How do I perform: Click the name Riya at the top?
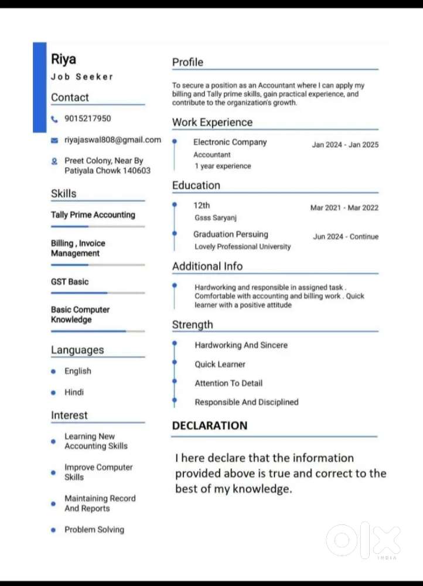(x=63, y=59)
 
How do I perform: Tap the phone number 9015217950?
(x=87, y=118)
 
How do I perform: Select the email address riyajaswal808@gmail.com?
(x=112, y=139)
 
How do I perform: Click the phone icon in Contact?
(x=54, y=119)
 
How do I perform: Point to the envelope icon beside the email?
(x=54, y=141)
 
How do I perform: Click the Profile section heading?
(x=187, y=62)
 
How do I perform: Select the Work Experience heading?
(x=212, y=122)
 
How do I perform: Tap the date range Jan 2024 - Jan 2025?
(x=345, y=145)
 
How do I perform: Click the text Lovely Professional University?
(x=243, y=247)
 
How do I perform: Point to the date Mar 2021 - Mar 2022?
(x=344, y=207)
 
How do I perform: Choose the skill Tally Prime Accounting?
(x=93, y=214)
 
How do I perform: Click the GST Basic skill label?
(x=70, y=281)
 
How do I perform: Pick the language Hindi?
(x=74, y=392)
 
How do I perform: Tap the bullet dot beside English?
(x=53, y=372)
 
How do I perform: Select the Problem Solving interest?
(x=94, y=529)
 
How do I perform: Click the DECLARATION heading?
(x=210, y=425)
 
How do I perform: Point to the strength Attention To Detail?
(x=228, y=383)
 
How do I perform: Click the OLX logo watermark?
(x=363, y=539)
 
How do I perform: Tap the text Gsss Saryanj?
(x=216, y=218)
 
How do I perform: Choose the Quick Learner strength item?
(x=220, y=364)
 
